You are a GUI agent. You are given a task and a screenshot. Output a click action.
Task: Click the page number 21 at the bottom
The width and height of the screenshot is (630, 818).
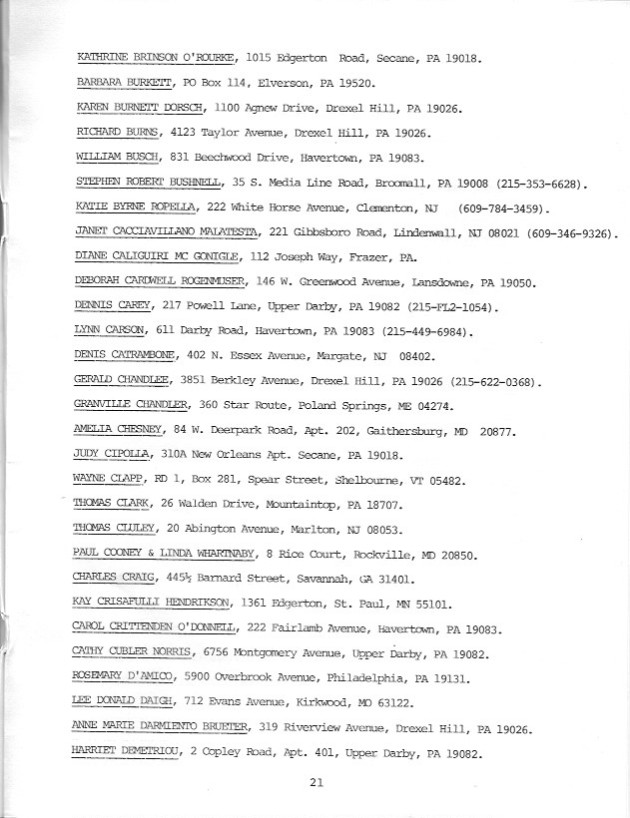(x=315, y=783)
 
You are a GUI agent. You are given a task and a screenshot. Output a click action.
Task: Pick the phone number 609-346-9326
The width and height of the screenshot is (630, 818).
(x=575, y=232)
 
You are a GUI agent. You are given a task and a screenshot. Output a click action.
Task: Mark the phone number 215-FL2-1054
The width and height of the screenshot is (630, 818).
(x=456, y=306)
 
